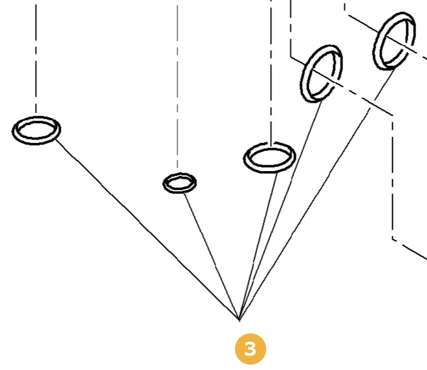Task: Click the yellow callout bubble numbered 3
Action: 250,349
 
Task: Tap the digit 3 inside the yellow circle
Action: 250,349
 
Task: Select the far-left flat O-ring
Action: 37,130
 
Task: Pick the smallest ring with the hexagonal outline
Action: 179,183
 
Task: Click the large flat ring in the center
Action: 269,157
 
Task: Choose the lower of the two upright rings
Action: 322,73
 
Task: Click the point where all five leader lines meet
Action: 239,319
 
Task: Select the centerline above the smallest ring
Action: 177,87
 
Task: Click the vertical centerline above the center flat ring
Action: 271,71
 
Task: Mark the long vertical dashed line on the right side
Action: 393,180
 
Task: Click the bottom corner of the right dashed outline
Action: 393,239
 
